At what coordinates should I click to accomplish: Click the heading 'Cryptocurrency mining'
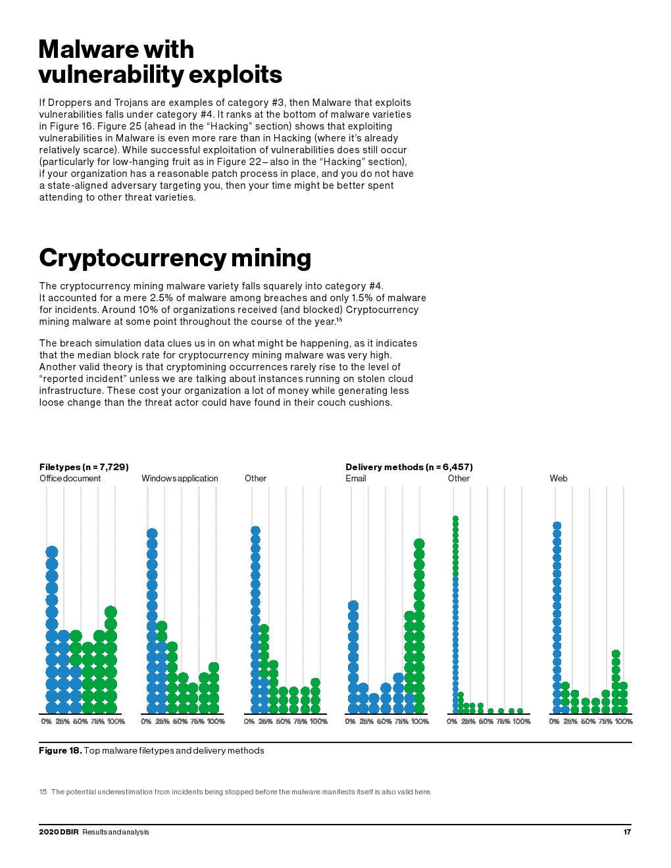point(174,258)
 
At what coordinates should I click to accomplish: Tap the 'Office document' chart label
point(70,478)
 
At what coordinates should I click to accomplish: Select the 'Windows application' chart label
point(180,478)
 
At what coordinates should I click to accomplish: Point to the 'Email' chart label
point(355,478)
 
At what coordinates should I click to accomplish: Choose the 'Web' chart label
point(558,478)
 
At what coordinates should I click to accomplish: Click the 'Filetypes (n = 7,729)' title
point(84,467)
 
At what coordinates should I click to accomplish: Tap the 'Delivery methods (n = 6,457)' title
point(409,467)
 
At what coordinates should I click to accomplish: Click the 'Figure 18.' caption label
point(60,750)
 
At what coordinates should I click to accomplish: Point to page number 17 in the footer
point(627,832)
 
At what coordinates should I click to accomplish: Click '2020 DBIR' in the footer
point(59,832)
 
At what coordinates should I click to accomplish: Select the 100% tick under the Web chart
point(624,721)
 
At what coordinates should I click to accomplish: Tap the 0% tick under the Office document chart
point(46,721)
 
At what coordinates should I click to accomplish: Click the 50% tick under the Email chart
point(384,721)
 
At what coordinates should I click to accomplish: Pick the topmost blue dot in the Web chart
point(557,526)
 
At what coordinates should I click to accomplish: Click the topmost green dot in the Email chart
point(419,544)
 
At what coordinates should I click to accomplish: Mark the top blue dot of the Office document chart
point(52,552)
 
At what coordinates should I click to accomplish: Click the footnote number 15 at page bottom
point(43,792)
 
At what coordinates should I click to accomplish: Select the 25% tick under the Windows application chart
point(162,721)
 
